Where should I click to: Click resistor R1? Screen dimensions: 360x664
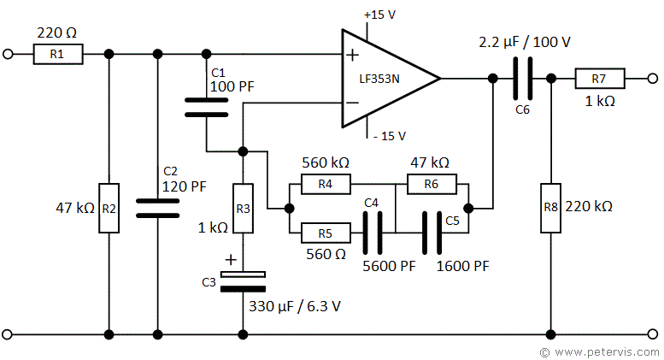tap(59, 55)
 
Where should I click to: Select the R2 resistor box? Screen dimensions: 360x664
tap(109, 207)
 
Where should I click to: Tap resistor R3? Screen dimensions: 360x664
tap(244, 208)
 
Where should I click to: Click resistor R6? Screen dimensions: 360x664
tap(432, 183)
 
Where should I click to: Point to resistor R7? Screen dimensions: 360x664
tap(599, 79)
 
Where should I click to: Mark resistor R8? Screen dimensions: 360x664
tap(551, 207)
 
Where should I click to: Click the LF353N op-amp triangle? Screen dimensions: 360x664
tap(385, 79)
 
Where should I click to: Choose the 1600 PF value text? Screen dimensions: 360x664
tap(462, 266)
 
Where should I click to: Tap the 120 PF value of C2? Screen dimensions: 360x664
tap(185, 185)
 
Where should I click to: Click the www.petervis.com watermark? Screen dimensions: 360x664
tap(597, 351)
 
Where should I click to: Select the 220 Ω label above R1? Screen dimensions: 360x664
tap(57, 33)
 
